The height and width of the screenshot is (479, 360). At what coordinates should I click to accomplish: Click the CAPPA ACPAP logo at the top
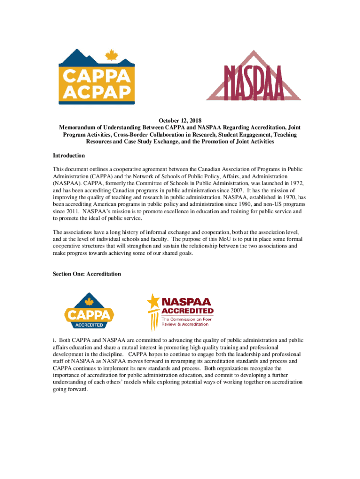pyautogui.click(x=96, y=77)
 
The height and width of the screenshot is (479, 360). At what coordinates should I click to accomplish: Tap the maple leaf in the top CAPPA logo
pyautogui.click(x=111, y=57)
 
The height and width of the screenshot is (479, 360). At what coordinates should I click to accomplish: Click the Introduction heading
pyautogui.click(x=69, y=155)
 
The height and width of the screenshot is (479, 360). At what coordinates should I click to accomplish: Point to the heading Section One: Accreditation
pyautogui.click(x=87, y=274)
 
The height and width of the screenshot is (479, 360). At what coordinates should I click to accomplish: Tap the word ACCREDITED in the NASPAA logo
pyautogui.click(x=187, y=311)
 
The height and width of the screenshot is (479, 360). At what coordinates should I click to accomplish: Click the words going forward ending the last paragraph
pyautogui.click(x=70, y=389)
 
